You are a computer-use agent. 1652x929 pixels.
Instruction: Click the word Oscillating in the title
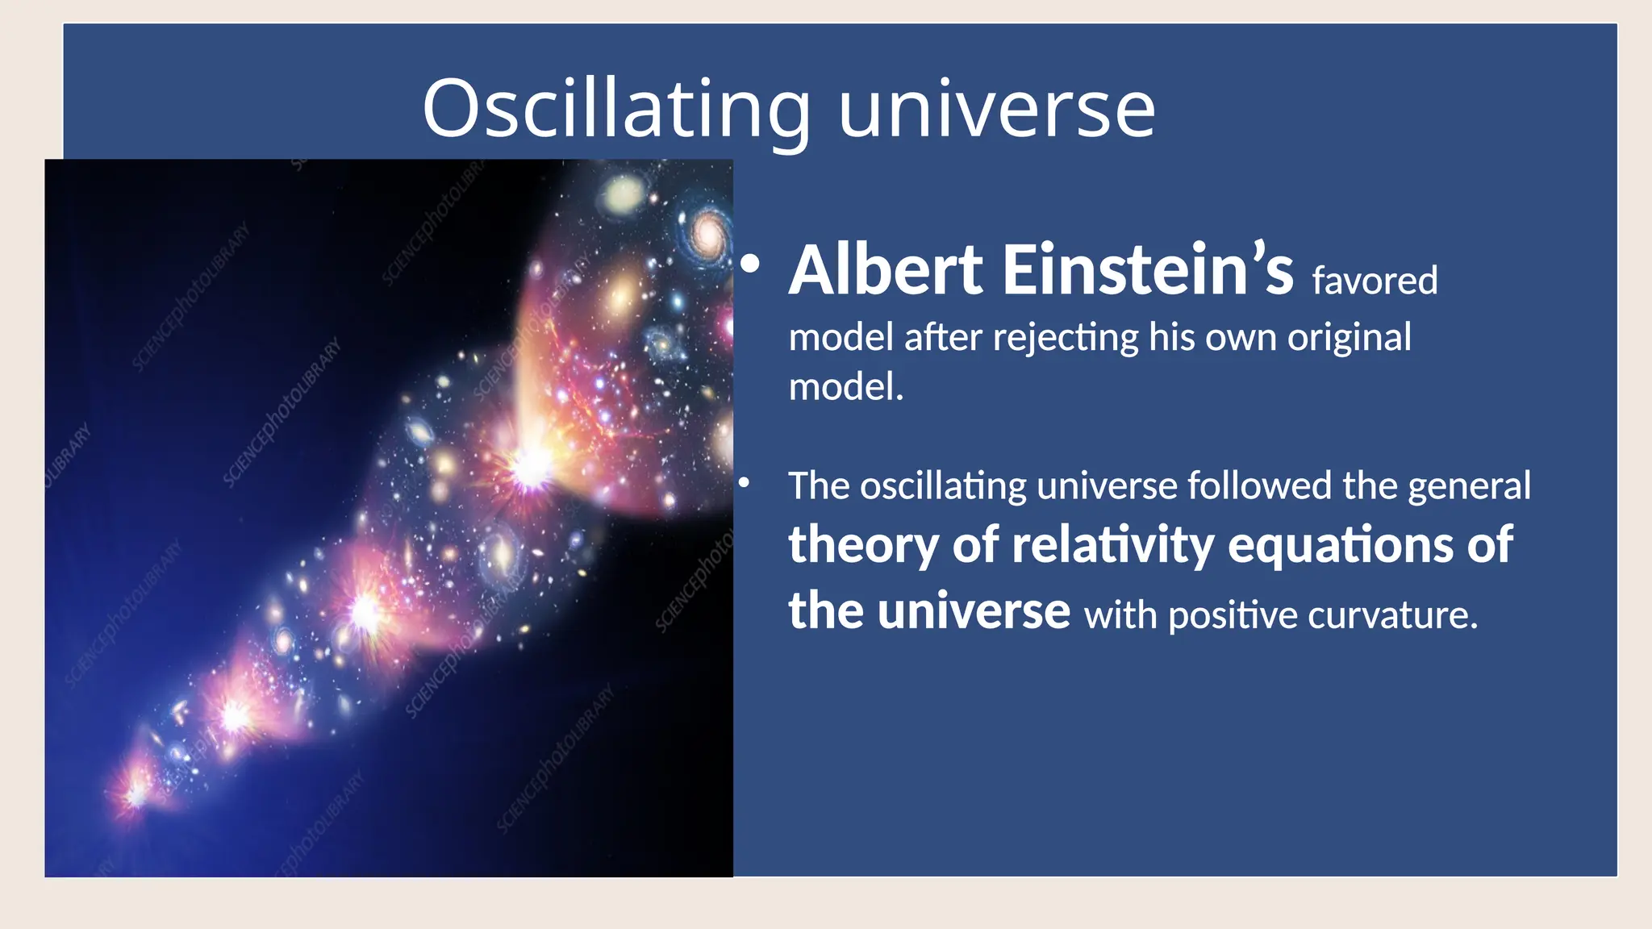615,109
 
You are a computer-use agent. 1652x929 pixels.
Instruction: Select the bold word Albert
886,270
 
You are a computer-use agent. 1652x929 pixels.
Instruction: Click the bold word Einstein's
1148,270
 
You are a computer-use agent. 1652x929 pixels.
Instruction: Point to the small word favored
1375,281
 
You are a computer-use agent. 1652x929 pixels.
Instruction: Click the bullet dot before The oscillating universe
745,482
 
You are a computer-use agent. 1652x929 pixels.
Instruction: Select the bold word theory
864,546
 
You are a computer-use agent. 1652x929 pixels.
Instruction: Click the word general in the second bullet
1469,487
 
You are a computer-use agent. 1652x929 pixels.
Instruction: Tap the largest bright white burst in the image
531,465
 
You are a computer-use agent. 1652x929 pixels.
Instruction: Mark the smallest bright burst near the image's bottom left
136,794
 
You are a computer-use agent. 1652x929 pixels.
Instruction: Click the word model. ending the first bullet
845,387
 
